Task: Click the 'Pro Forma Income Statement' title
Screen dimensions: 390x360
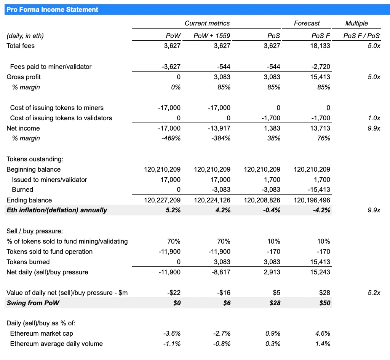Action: pyautogui.click(x=52, y=10)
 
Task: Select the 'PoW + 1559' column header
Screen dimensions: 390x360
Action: pyautogui.click(x=212, y=36)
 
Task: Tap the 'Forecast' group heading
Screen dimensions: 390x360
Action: pyautogui.click(x=307, y=23)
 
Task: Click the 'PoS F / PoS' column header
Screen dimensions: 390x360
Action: pyautogui.click(x=362, y=36)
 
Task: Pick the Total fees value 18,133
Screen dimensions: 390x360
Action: pyautogui.click(x=320, y=46)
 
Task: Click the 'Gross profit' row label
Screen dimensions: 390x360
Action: pyautogui.click(x=24, y=77)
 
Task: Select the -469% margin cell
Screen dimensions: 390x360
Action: pyautogui.click(x=171, y=139)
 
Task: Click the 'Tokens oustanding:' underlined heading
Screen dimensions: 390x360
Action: pyautogui.click(x=35, y=159)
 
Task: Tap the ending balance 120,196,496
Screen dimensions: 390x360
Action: pyautogui.click(x=312, y=200)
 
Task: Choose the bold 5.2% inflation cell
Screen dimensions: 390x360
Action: pyautogui.click(x=173, y=210)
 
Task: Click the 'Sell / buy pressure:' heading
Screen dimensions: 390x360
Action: pyautogui.click(x=35, y=231)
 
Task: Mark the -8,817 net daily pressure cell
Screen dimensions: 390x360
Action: pyautogui.click(x=221, y=272)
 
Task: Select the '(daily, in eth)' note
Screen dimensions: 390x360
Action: pyautogui.click(x=25, y=36)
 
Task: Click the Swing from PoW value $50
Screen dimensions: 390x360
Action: pyautogui.click(x=325, y=303)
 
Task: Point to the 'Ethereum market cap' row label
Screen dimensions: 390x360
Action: pyautogui.click(x=42, y=334)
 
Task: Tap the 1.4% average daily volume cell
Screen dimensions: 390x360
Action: pyautogui.click(x=323, y=344)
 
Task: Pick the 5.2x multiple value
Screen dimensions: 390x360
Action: pyautogui.click(x=374, y=293)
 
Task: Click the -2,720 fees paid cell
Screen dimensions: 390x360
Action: pyautogui.click(x=321, y=67)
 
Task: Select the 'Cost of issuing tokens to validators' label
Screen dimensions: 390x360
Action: pyautogui.click(x=61, y=118)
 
